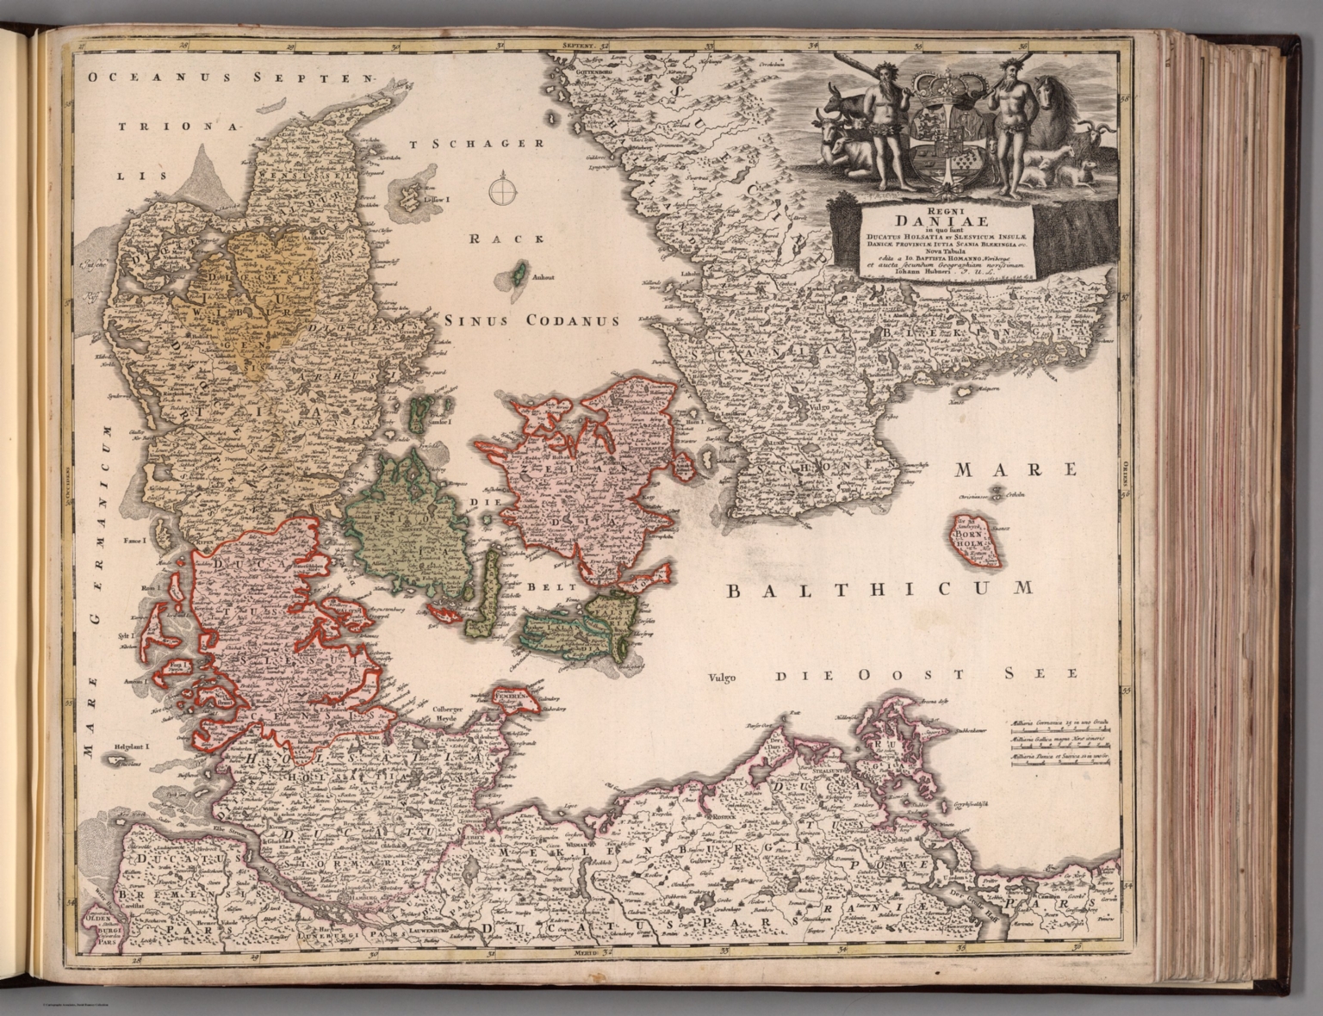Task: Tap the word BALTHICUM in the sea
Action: coord(878,589)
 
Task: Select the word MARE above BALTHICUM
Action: coord(1016,469)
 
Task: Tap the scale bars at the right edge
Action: coord(1059,741)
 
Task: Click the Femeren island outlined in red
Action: coord(514,695)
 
